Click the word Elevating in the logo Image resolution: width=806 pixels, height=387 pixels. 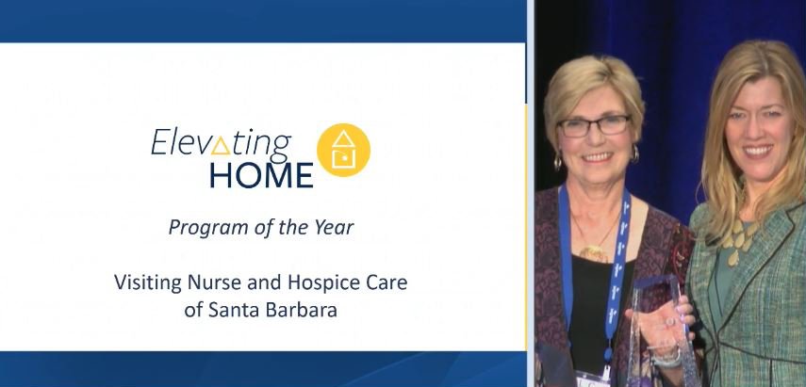point(221,142)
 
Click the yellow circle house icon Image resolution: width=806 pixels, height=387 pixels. point(343,150)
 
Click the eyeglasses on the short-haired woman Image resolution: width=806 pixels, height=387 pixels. point(593,125)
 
